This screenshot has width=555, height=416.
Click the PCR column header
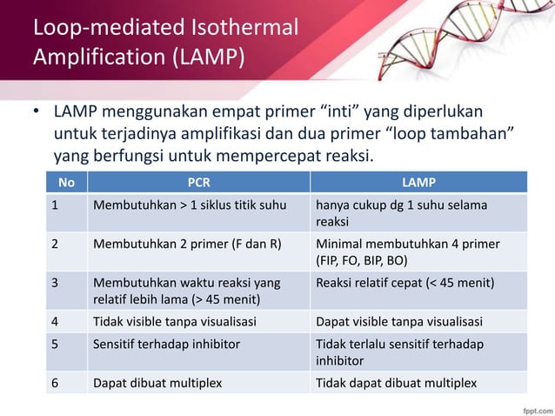point(199,183)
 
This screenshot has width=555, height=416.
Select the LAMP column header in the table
point(419,183)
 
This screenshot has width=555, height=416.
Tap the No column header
point(65,183)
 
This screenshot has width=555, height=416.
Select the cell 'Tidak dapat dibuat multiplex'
point(396,383)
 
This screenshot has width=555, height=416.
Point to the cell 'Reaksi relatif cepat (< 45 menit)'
point(405,283)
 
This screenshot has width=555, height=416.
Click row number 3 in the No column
point(54,283)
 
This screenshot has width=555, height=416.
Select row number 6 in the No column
point(54,383)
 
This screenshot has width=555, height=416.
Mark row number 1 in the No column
point(54,205)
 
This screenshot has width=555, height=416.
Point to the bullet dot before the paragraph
point(37,115)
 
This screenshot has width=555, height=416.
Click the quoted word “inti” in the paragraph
point(345,114)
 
